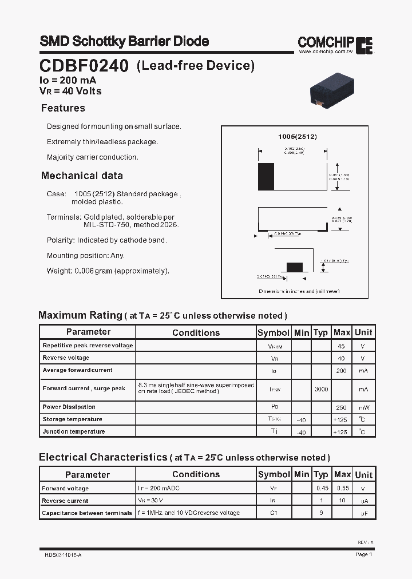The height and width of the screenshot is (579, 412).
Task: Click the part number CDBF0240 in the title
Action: pyautogui.click(x=84, y=66)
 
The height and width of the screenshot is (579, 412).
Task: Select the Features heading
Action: pyautogui.click(x=63, y=108)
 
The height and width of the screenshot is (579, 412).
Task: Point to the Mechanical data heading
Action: pyautogui.click(x=82, y=176)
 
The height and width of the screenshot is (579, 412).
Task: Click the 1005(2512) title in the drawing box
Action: pyautogui.click(x=298, y=137)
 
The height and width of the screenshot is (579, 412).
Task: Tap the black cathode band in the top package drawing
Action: pyautogui.click(x=266, y=176)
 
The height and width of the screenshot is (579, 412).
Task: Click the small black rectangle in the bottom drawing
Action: pyautogui.click(x=294, y=267)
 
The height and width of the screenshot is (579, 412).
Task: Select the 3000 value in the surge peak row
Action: pyautogui.click(x=321, y=389)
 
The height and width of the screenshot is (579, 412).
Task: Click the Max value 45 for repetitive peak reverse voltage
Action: pyautogui.click(x=342, y=346)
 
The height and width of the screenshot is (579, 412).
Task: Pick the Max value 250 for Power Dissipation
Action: pyautogui.click(x=342, y=407)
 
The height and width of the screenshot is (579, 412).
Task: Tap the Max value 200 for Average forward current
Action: pyautogui.click(x=342, y=371)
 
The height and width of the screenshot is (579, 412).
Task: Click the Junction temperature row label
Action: pyautogui.click(x=74, y=431)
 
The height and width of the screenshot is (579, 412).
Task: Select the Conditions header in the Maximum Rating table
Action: pyautogui.click(x=196, y=332)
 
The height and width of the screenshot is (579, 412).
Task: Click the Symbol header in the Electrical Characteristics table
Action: pyautogui.click(x=274, y=474)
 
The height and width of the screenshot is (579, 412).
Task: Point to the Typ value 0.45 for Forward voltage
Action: pyautogui.click(x=322, y=489)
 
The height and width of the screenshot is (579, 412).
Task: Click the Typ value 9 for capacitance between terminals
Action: pyautogui.click(x=322, y=513)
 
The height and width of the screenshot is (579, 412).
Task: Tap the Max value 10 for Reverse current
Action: pyautogui.click(x=342, y=501)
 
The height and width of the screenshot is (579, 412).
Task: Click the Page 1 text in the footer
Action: pyautogui.click(x=364, y=554)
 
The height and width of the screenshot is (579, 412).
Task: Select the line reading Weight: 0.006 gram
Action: pyautogui.click(x=108, y=271)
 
